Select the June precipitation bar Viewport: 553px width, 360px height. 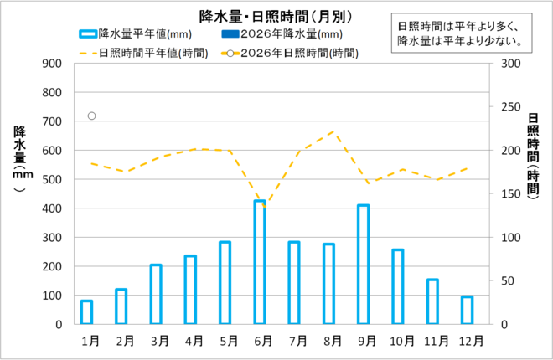(x=260, y=262)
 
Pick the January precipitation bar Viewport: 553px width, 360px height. (x=86, y=312)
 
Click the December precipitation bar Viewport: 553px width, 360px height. (x=467, y=310)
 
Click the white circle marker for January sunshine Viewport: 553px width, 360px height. (x=91, y=116)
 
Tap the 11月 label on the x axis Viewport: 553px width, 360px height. (x=432, y=341)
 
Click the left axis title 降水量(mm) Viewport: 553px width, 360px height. (x=19, y=159)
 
